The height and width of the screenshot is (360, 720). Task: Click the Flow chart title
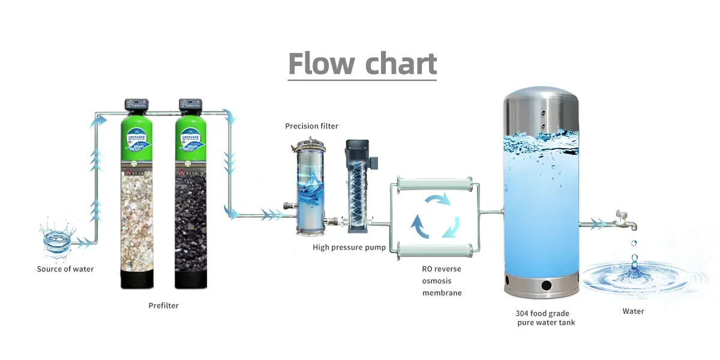click(362, 63)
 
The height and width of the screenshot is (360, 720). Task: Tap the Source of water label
click(65, 269)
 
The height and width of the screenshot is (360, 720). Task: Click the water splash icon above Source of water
click(57, 239)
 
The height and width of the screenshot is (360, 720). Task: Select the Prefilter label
click(163, 305)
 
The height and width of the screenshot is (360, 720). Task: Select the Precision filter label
click(311, 126)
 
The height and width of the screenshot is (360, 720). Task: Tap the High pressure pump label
click(349, 248)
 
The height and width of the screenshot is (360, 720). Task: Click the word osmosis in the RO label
click(437, 281)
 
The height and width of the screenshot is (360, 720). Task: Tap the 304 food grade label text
click(542, 313)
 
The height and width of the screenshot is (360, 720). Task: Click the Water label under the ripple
click(633, 311)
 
